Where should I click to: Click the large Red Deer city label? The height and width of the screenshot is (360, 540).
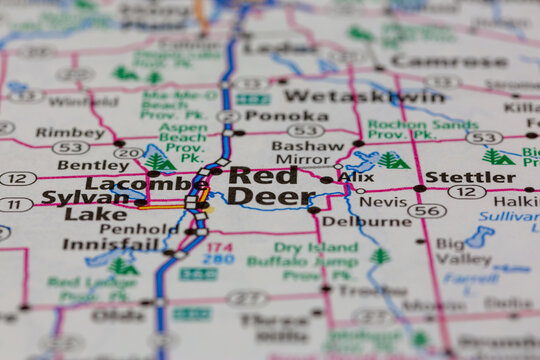coord(262,185)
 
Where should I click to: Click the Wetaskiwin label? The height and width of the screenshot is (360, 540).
coord(363,96)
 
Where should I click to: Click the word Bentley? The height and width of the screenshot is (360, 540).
coord(93,164)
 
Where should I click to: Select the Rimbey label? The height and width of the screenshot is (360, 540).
coord(70,132)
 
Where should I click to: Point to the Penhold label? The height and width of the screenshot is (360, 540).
coord(140,228)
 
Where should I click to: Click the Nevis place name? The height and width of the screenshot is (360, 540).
coord(383,200)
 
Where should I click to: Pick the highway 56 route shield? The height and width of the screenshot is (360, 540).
coord(427,211)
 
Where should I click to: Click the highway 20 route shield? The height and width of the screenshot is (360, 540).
coord(128,152)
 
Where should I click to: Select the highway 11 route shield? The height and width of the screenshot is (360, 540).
coord(14,204)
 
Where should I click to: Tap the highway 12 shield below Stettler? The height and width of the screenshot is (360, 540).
coord(466,192)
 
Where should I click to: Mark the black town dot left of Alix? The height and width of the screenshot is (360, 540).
coord(326,180)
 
